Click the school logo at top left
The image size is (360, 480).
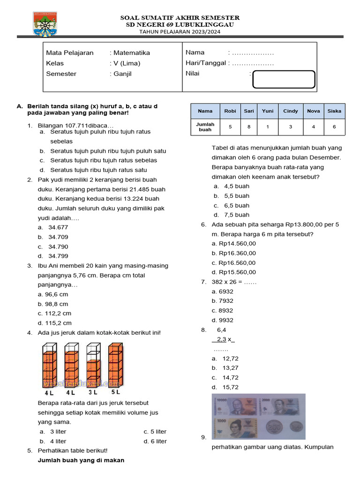[46, 24]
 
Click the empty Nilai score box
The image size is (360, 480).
[284, 79]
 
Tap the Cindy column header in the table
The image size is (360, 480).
[290, 111]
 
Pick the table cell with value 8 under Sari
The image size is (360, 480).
[248, 127]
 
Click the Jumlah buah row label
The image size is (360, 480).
[205, 127]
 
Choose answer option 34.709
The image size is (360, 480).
[58, 237]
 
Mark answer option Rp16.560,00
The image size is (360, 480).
[234, 262]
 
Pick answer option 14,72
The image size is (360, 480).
[231, 377]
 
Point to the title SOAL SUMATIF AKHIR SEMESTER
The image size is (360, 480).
[180, 18]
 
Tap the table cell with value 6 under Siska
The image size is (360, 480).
[334, 127]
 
